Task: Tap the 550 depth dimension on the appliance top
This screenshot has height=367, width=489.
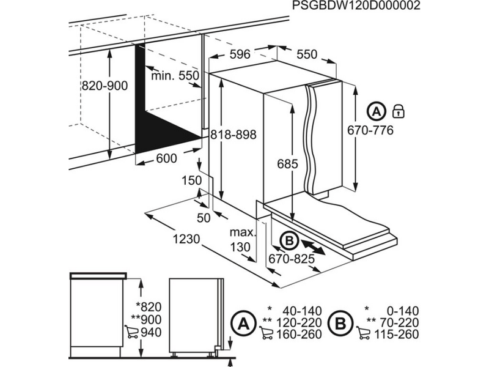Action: point(307,54)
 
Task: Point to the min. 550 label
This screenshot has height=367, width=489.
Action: point(175,75)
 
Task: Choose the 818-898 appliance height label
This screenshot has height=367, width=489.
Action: point(233,135)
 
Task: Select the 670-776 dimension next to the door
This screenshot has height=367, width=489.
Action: point(370,130)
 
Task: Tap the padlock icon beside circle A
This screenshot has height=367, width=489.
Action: point(399,111)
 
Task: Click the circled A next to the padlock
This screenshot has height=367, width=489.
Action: point(377,111)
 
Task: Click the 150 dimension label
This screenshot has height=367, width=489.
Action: point(191,180)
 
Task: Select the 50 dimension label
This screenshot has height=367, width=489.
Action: point(204,218)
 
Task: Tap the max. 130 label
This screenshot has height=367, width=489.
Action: point(241,240)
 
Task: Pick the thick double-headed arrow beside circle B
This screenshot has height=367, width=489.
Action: point(313,247)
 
